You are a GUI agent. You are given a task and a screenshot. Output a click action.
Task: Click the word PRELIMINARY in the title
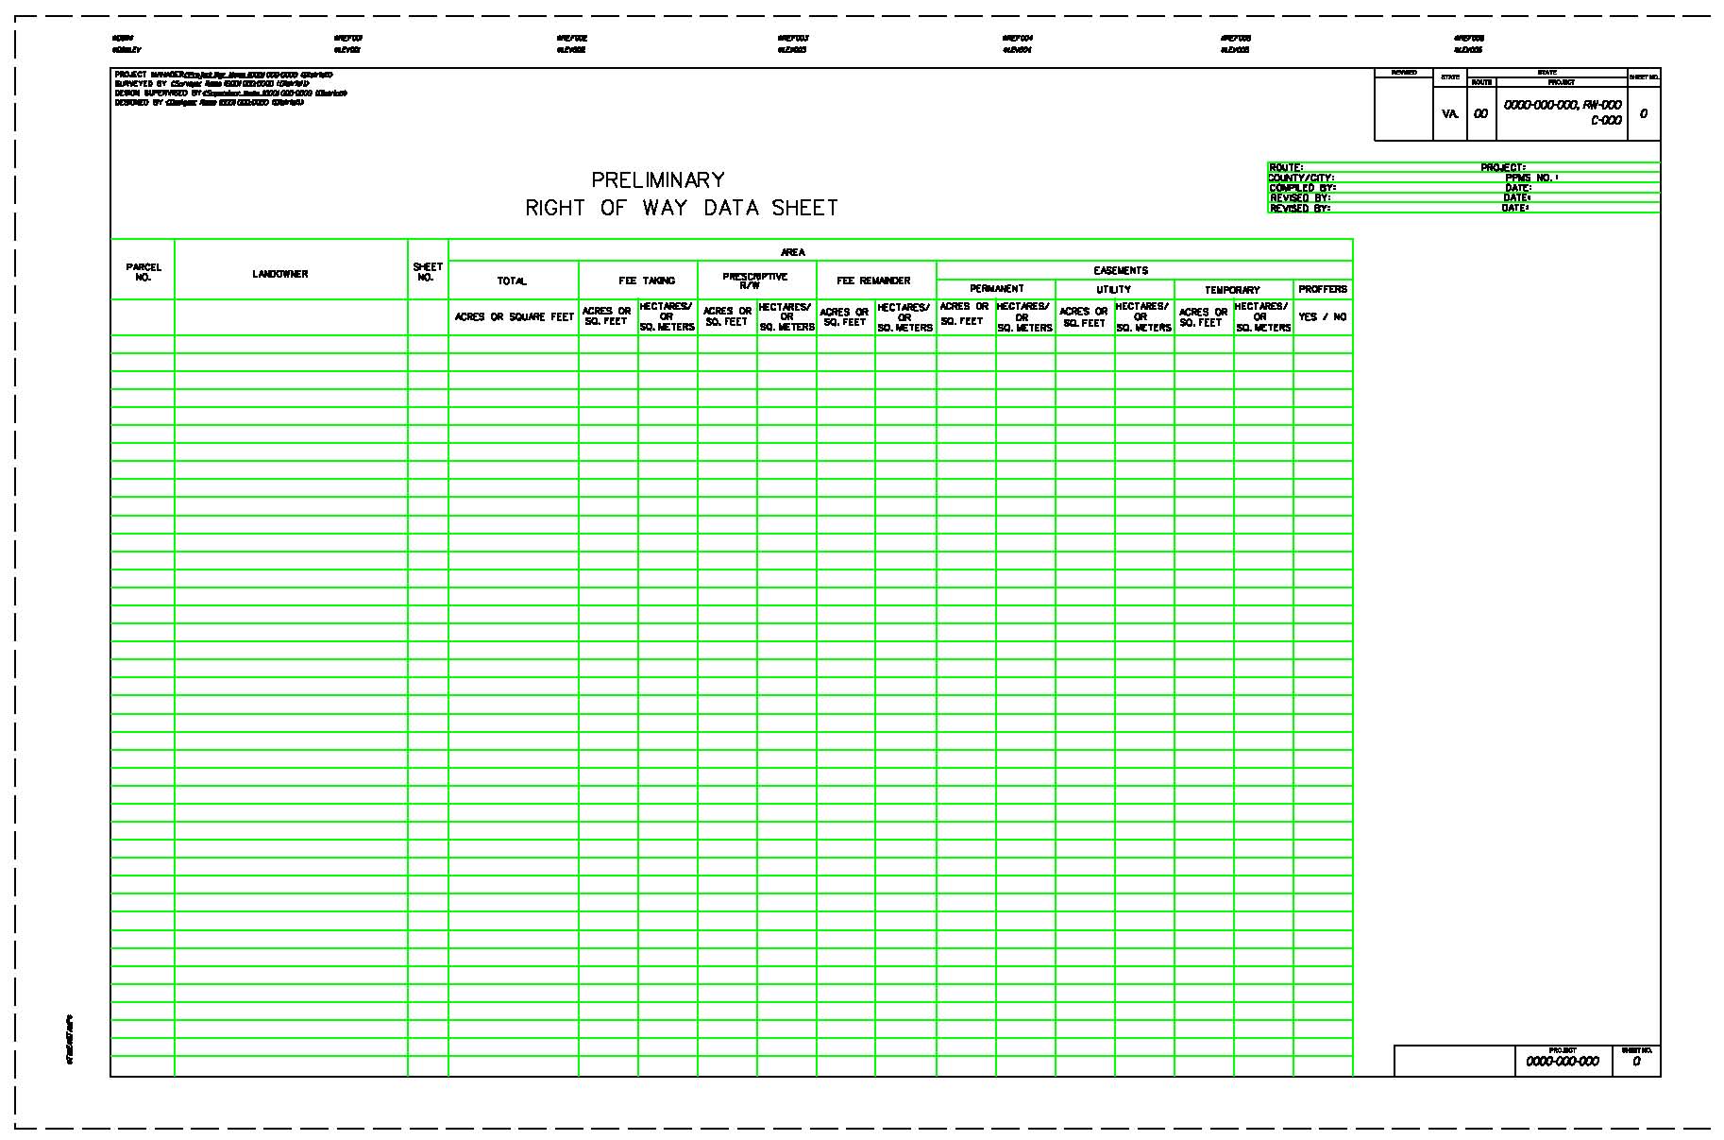(658, 179)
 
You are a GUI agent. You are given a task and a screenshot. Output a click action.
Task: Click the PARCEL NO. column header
(144, 273)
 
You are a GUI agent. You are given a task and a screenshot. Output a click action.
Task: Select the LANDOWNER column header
(280, 274)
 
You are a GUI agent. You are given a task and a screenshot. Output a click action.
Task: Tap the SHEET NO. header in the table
(428, 273)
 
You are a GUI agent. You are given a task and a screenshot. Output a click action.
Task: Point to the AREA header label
(793, 252)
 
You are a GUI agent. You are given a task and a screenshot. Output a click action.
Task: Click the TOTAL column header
(512, 281)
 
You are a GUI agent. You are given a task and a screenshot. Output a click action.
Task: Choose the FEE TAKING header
(647, 281)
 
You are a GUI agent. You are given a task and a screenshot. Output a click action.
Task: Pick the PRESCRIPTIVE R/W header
(754, 281)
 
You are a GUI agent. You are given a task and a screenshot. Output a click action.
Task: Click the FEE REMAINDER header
(873, 281)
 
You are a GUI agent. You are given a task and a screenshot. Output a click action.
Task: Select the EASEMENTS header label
(1121, 270)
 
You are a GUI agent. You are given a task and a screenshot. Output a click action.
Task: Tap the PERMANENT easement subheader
(997, 289)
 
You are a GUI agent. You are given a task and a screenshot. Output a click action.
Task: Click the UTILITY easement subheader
(1114, 290)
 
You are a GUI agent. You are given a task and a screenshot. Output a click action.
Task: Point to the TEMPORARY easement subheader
(1232, 290)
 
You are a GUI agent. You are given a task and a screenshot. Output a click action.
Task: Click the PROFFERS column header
(1323, 289)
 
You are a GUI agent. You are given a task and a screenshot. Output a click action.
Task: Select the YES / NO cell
(1323, 317)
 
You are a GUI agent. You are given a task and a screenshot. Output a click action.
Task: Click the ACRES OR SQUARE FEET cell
(514, 317)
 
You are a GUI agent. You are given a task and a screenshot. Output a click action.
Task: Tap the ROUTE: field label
(1286, 168)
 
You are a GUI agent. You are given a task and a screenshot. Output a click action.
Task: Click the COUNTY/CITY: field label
(1301, 178)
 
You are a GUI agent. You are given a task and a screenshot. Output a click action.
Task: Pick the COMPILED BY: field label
(1303, 188)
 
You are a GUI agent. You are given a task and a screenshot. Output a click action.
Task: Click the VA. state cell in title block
(1450, 114)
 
